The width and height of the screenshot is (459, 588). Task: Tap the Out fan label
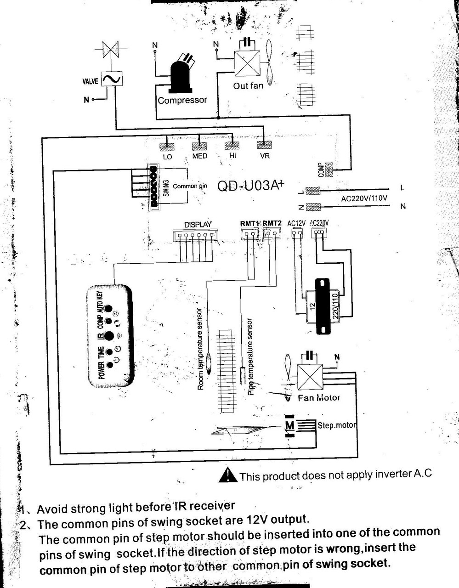pyautogui.click(x=248, y=85)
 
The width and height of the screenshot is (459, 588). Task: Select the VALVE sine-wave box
pyautogui.click(x=111, y=79)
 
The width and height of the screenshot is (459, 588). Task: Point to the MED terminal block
pyautogui.click(x=199, y=147)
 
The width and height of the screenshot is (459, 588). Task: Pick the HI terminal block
pyautogui.click(x=232, y=146)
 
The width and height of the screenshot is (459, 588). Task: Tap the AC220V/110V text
pyautogui.click(x=364, y=198)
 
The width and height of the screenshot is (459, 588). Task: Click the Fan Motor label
pyautogui.click(x=319, y=398)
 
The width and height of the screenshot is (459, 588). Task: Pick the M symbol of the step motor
pyautogui.click(x=289, y=425)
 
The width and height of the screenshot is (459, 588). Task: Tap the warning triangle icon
pyautogui.click(x=228, y=475)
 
